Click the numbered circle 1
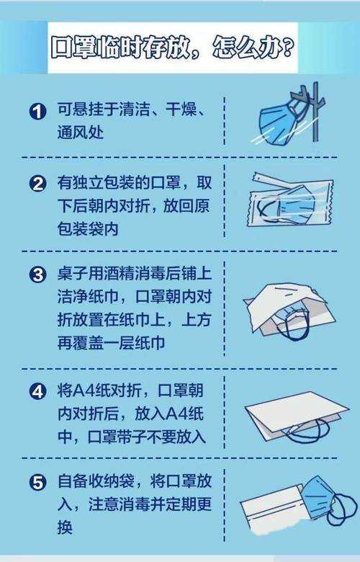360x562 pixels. click(37, 112)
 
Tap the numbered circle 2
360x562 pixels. click(37, 184)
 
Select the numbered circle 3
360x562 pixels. click(37, 275)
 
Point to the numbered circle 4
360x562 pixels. click(37, 391)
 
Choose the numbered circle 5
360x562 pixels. click(37, 483)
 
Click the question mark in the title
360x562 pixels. click(287, 48)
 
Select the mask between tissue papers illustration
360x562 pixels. click(289, 312)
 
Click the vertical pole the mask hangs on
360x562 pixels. click(315, 112)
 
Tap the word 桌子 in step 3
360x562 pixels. click(73, 274)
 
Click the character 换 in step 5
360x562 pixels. click(65, 527)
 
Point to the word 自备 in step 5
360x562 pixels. click(73, 481)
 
